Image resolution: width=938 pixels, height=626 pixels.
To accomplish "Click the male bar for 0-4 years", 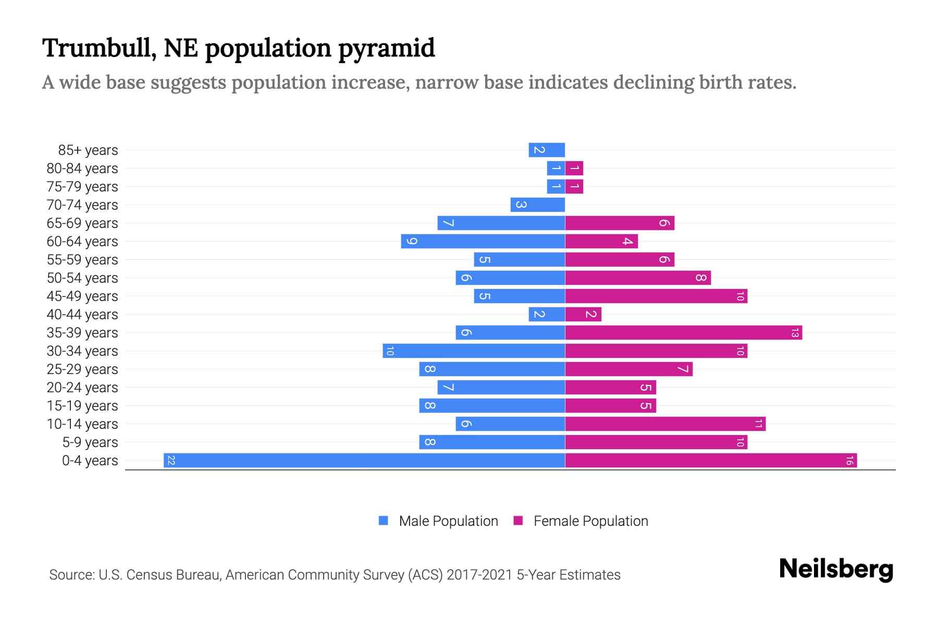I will coord(364,461).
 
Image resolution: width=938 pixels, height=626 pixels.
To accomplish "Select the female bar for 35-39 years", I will coord(683,333).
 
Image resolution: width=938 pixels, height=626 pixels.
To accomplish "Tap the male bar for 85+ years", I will coord(547,150).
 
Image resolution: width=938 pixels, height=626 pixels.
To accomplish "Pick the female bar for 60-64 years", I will coord(601,242).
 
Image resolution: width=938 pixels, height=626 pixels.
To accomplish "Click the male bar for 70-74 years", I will coord(538,205).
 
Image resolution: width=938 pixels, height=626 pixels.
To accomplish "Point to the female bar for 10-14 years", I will coord(665,424).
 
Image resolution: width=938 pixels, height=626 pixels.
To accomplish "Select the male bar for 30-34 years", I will coord(474,351).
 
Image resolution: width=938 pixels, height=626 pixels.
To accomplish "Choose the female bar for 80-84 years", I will coord(574,168).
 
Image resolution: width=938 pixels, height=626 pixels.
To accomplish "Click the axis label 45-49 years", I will coord(82,296).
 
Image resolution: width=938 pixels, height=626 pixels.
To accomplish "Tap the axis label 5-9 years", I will coord(90,442).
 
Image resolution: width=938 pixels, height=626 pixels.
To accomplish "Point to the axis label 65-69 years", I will coord(82,223).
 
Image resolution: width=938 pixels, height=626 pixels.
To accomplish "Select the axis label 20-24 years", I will coord(82,388).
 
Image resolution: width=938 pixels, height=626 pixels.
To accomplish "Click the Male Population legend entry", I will coord(448,521).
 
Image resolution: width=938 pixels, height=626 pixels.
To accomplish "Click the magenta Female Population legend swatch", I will coord(518,521).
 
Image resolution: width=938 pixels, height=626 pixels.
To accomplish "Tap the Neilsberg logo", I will coord(836,569).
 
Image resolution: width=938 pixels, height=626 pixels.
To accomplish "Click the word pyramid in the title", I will coord(386,49).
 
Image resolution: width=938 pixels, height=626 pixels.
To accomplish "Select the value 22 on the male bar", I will coord(171,461).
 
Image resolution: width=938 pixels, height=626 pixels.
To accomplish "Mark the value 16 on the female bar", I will coord(849,461).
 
